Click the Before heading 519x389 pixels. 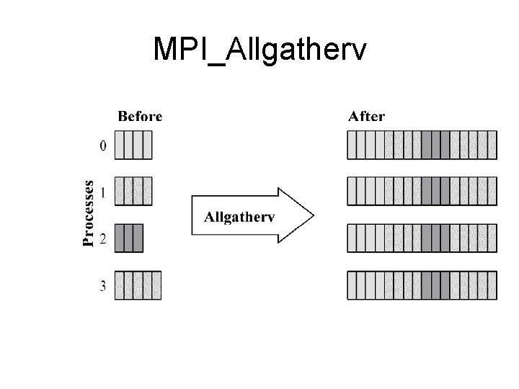tap(140, 116)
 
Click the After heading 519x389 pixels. tap(366, 116)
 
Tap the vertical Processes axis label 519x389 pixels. tap(89, 213)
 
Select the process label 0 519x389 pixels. tap(103, 146)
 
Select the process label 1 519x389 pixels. tap(103, 192)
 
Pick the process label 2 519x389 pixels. tap(103, 239)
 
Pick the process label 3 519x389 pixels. tap(103, 286)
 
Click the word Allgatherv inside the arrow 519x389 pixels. tap(240, 216)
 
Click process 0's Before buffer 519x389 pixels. tap(133, 145)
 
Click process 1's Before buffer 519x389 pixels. tap(133, 192)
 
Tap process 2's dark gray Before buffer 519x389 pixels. tap(129, 238)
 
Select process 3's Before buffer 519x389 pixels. tap(138, 285)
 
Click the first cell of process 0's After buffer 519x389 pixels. tap(352, 145)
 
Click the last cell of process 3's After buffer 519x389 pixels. tap(492, 285)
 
